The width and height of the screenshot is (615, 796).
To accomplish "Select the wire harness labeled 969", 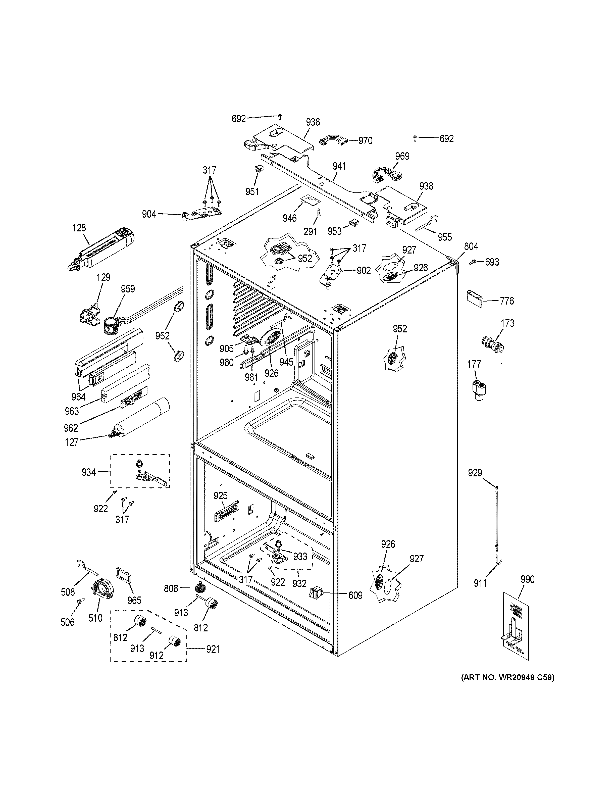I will [x=384, y=174].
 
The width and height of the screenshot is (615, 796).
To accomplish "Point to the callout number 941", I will [x=339, y=166].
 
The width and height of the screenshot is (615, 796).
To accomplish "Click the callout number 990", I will [x=527, y=579].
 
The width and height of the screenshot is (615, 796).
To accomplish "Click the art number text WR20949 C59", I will [x=507, y=678].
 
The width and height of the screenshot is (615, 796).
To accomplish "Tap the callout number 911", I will [x=480, y=583].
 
